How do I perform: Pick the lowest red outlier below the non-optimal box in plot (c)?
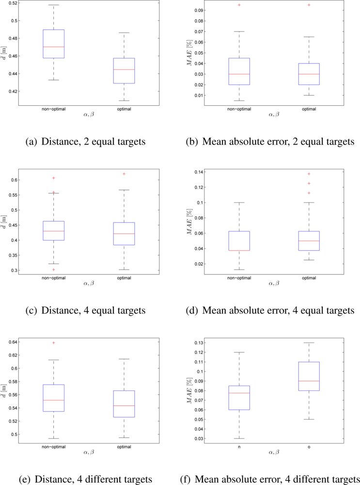click(x=53, y=270)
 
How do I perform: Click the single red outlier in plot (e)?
click(x=53, y=343)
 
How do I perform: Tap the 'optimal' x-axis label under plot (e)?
click(x=125, y=445)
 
